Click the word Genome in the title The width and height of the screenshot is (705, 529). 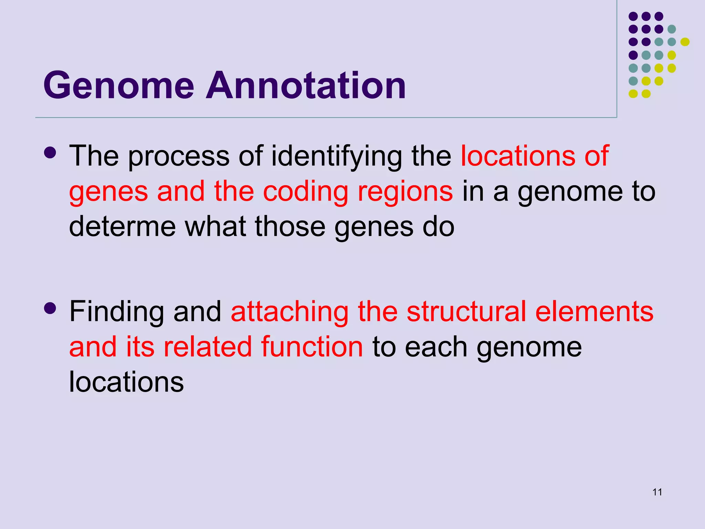[x=119, y=85]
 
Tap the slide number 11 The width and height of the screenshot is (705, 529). [x=657, y=492]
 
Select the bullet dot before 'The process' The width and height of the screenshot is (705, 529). [x=50, y=153]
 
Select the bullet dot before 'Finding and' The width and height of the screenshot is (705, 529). [x=50, y=308]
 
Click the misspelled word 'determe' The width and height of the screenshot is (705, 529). [x=123, y=227]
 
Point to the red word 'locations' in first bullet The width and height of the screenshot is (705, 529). [x=518, y=156]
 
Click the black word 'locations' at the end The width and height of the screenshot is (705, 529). [x=126, y=382]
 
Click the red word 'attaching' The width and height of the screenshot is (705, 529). [x=290, y=312]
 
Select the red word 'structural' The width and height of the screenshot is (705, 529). [x=466, y=312]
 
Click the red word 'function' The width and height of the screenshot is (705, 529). [x=312, y=347]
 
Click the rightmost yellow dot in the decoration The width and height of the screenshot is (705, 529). [x=685, y=42]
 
